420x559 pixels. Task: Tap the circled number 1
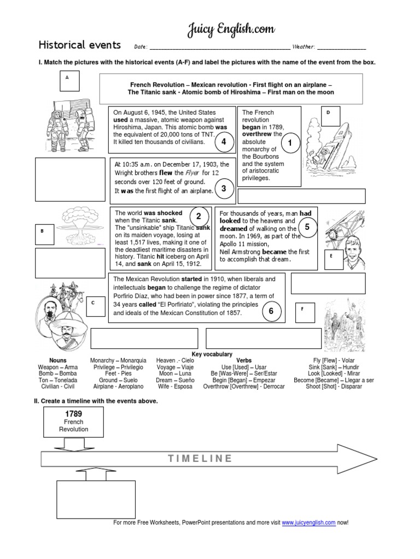pos(290,143)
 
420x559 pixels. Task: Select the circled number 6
pos(271,311)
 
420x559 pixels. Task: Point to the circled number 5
pos(307,227)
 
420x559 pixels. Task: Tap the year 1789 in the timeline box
pos(73,414)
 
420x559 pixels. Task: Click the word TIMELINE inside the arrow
pos(200,458)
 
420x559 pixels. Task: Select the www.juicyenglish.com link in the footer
pos(308,522)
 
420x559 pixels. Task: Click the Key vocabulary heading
pos(212,354)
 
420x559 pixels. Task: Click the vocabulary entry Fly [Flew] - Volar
pos(335,360)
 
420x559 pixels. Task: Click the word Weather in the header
pos(304,47)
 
